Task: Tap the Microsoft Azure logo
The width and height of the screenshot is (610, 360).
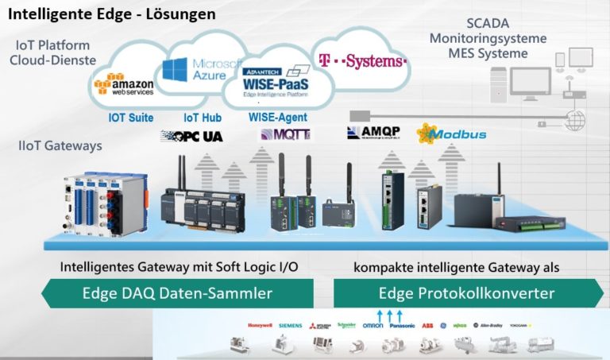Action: click(202, 69)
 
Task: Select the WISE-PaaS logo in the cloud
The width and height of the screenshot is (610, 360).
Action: click(276, 82)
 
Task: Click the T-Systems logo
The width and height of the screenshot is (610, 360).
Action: click(362, 60)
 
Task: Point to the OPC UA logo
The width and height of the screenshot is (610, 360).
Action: click(191, 136)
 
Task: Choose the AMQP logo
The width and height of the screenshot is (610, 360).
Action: click(373, 132)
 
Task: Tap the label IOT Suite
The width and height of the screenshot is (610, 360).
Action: click(130, 118)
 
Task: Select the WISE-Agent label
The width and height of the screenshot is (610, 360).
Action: click(278, 118)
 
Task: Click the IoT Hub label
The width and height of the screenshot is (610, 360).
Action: click(203, 118)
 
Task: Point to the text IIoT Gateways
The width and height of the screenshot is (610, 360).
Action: click(61, 146)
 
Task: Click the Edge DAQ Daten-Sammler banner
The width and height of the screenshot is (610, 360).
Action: click(176, 293)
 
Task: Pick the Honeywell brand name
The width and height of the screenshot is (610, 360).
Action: click(259, 325)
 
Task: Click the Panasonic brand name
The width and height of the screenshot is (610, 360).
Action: click(402, 325)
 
